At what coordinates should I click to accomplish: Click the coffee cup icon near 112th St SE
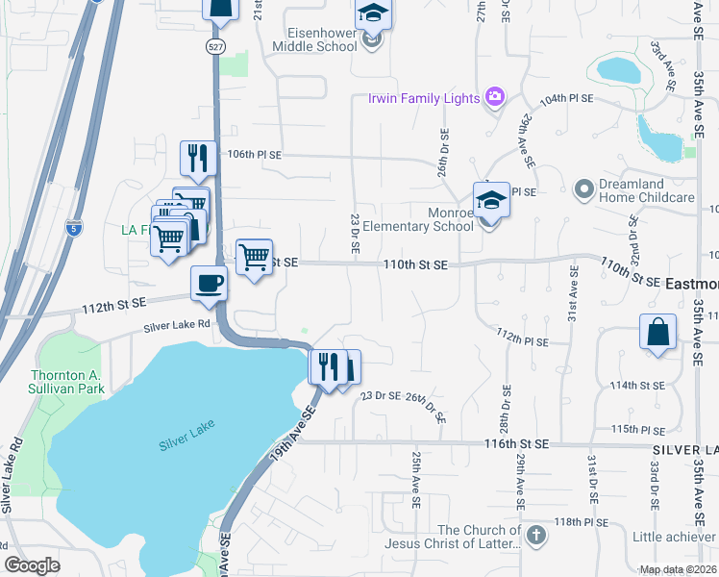tap(210, 284)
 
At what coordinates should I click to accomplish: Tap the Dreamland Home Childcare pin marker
tap(583, 188)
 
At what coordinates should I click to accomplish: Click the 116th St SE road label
tap(515, 443)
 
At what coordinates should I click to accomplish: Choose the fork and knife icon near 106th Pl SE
tap(198, 157)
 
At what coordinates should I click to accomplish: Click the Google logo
tap(32, 565)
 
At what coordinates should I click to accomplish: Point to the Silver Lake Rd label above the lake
tap(177, 325)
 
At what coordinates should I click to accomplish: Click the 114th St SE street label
tap(637, 386)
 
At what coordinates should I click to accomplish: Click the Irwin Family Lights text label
tap(424, 99)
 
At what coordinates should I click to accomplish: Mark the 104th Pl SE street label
tap(566, 99)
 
